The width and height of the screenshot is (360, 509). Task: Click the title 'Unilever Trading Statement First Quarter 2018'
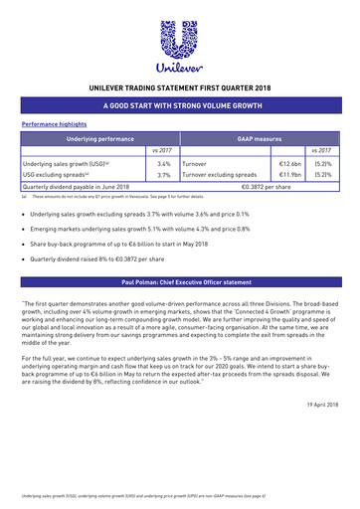[179, 87]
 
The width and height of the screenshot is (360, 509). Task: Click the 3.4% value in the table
[164, 162]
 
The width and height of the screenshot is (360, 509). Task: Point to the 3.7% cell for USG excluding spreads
[164, 175]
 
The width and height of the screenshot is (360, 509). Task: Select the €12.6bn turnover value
[290, 162]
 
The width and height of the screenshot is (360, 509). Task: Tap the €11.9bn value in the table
[290, 175]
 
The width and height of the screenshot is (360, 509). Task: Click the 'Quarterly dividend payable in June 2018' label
[77, 186]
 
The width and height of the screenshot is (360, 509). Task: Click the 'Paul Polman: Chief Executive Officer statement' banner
[179, 282]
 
